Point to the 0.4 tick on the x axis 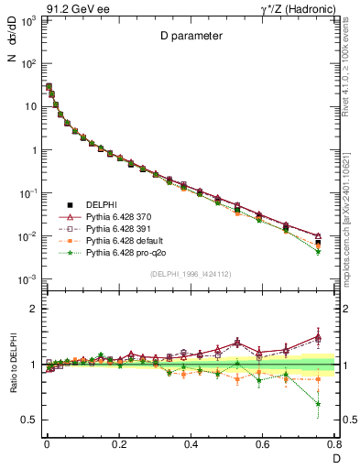[191, 445]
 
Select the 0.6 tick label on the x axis [263, 445]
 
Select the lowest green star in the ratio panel [318, 404]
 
